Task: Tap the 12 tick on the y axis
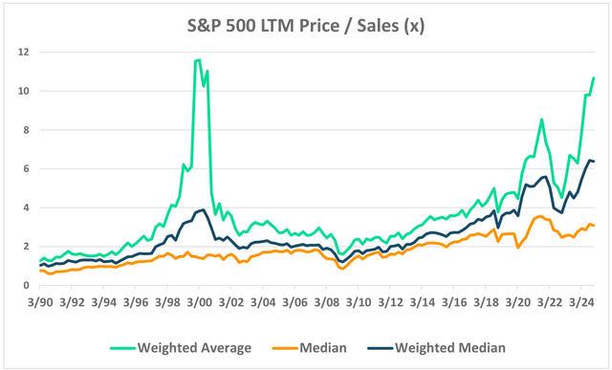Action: tap(23, 52)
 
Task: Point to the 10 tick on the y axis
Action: tap(23, 91)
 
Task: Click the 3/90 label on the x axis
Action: tap(39, 301)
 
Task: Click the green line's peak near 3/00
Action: tap(198, 59)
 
